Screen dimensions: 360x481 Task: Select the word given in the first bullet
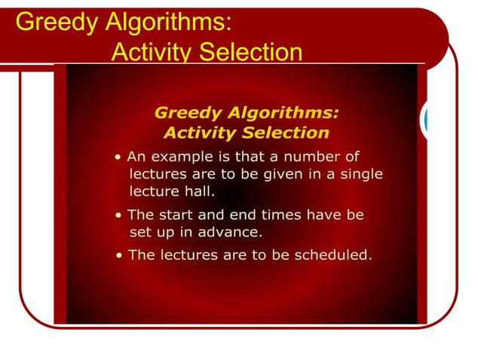click(x=269, y=174)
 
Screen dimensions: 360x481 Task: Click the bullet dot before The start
click(x=120, y=215)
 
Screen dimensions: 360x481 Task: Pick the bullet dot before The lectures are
click(x=121, y=255)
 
